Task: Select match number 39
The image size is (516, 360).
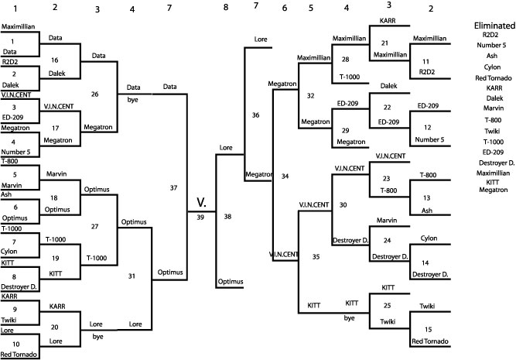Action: pos(200,218)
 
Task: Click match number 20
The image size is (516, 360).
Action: pos(55,327)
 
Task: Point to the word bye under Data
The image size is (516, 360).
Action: pos(133,101)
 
